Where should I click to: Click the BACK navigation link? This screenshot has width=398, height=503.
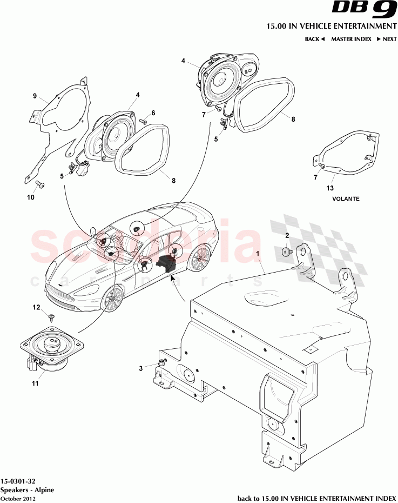click(x=314, y=39)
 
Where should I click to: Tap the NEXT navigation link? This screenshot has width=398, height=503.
click(x=387, y=39)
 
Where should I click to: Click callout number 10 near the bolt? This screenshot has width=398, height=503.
click(x=30, y=197)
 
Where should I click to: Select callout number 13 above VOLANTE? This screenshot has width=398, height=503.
click(x=330, y=188)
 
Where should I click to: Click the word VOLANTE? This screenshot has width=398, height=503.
click(x=346, y=198)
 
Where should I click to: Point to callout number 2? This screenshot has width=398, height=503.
click(x=287, y=235)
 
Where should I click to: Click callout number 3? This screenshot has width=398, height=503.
click(x=140, y=368)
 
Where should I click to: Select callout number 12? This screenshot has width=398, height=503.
click(x=37, y=307)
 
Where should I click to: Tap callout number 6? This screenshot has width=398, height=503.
click(x=153, y=113)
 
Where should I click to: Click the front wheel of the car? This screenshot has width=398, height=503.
click(x=113, y=298)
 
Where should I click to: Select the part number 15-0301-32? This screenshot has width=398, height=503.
click(x=19, y=480)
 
